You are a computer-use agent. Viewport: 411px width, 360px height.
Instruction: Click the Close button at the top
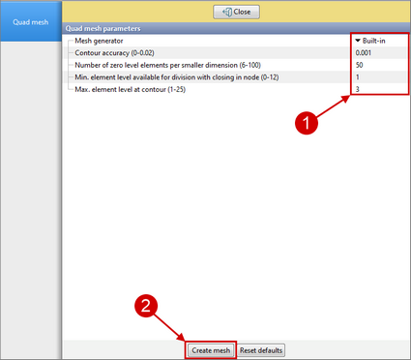point(236,12)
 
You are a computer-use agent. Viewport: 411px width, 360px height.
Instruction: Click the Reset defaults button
point(261,350)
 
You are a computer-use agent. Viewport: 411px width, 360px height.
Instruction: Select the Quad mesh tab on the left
point(31,22)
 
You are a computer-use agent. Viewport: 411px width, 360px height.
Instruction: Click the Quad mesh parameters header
point(103,28)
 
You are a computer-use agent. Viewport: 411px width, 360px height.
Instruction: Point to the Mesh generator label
point(99,41)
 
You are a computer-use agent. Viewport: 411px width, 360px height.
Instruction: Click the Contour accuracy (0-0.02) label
point(114,53)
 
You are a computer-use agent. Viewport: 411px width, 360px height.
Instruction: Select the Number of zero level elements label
point(167,65)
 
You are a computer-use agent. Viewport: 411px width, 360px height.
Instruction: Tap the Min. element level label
point(177,77)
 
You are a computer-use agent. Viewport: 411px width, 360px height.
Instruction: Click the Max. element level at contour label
point(131,89)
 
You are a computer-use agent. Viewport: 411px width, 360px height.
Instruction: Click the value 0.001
point(364,53)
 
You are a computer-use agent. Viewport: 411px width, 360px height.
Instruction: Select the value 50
point(360,65)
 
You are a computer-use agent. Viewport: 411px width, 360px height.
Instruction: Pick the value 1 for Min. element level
point(358,77)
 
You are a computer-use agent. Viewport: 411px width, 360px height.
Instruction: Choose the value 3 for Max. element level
point(358,89)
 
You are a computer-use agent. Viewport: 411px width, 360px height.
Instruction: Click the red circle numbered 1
point(307,123)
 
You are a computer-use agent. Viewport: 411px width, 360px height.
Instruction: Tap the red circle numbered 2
point(146,305)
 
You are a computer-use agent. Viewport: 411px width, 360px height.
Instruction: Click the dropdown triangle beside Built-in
point(358,41)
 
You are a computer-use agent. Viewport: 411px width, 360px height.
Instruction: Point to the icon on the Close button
point(227,13)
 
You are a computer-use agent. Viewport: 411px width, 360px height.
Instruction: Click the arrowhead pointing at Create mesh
point(182,338)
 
